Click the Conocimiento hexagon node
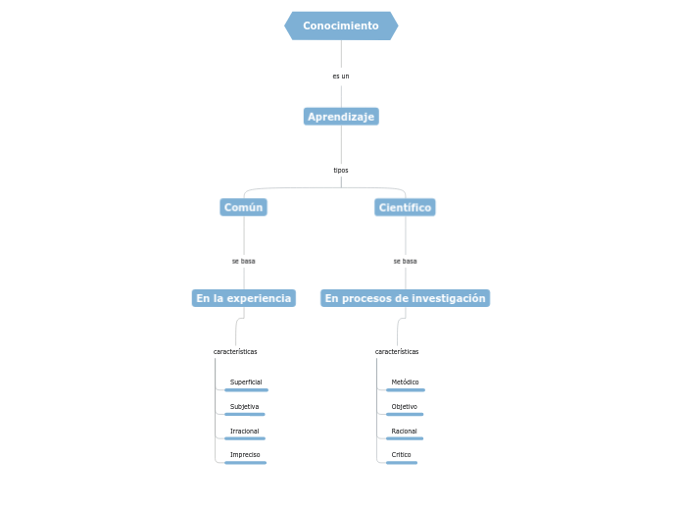coord(341,25)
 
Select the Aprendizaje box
coord(341,117)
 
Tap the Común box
coord(244,207)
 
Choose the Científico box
coord(405,207)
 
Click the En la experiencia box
coord(244,298)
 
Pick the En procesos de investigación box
coord(405,298)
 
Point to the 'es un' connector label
coord(341,76)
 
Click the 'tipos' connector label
coord(341,170)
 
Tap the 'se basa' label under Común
coord(244,261)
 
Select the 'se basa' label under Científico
coord(405,261)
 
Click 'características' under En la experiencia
coord(235,351)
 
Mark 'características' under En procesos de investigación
coord(397,351)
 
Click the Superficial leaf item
coord(246,382)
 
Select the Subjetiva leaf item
coord(245,406)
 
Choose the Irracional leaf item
coord(245,431)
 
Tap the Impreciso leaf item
coord(245,455)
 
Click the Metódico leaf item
coord(405,382)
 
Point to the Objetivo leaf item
coord(404,406)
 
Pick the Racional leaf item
coord(404,431)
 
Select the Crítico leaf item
coord(402,455)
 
